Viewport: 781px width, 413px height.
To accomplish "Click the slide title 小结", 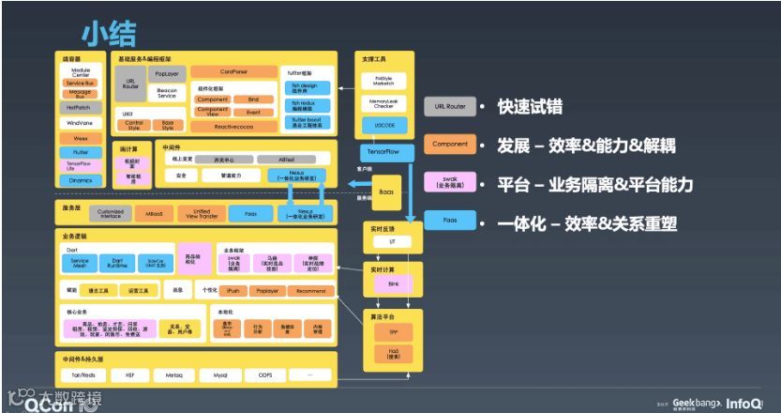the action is pyautogui.click(x=109, y=33).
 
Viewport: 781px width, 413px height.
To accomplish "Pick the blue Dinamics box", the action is pyautogui.click(x=80, y=180).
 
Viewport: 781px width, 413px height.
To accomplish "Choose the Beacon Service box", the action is pyautogui.click(x=166, y=93).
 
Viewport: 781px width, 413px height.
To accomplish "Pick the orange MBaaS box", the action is pyautogui.click(x=152, y=213).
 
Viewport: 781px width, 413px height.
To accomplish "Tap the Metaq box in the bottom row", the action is pyautogui.click(x=175, y=375).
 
